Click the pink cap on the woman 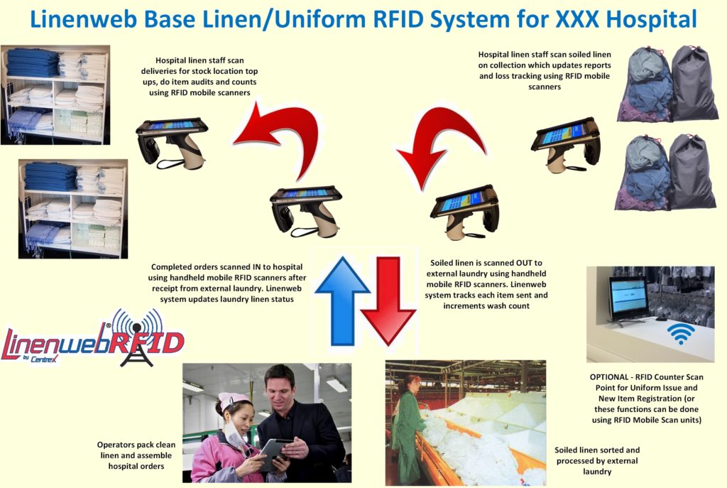click(x=234, y=402)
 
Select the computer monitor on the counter click(x=628, y=298)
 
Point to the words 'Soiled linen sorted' click(x=597, y=450)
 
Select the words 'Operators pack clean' click(x=136, y=445)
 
